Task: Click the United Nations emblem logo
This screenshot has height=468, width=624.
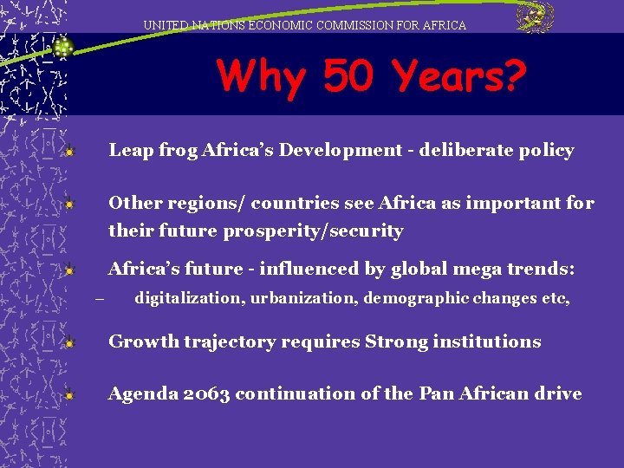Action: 535,17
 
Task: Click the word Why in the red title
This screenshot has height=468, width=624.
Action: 262,77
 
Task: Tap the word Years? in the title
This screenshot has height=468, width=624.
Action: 459,77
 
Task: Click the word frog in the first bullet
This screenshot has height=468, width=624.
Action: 178,151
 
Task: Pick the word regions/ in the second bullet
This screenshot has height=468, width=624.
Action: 208,204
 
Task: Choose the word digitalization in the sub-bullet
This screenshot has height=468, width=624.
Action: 187,298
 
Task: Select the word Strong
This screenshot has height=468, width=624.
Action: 397,341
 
